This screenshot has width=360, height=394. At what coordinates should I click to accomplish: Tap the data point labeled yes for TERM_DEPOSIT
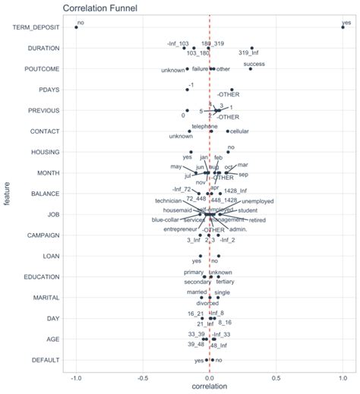click(343, 27)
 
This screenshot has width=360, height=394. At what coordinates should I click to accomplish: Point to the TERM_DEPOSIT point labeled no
click(76, 27)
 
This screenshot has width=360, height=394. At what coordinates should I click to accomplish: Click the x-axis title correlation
click(209, 387)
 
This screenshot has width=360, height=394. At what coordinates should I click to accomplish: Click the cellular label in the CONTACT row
click(239, 131)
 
